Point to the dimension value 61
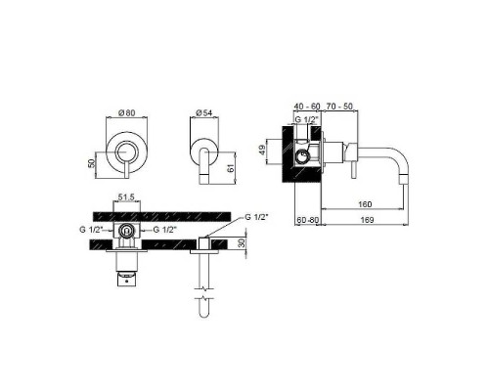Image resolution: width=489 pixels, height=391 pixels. (x=231, y=168)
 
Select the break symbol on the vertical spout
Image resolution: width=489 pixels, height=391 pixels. (x=203, y=290)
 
